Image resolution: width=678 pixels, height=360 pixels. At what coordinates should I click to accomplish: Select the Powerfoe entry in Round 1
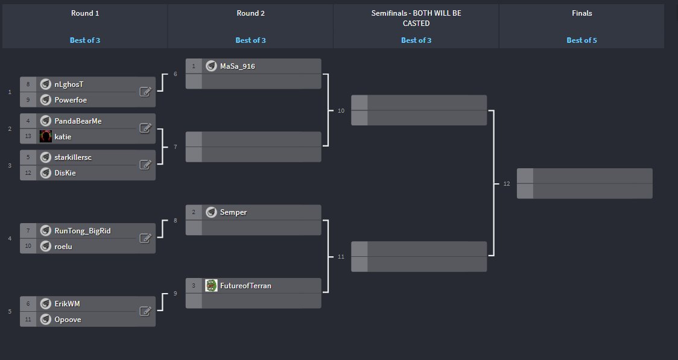tap(71, 100)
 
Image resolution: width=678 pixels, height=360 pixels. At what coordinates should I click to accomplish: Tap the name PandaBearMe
tap(78, 121)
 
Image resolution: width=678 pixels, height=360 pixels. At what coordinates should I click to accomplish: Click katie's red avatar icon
tap(45, 137)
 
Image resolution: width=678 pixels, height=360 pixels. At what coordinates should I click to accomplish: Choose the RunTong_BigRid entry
tap(82, 231)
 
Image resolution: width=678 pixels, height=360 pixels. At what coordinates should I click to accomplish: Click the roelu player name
tap(64, 246)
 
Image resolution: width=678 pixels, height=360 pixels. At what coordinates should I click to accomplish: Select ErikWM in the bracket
tap(67, 304)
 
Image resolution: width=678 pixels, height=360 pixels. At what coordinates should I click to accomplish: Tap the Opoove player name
tap(68, 320)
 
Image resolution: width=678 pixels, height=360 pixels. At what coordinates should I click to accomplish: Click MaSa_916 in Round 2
tap(238, 66)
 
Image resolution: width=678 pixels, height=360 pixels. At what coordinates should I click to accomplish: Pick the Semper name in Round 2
tap(233, 212)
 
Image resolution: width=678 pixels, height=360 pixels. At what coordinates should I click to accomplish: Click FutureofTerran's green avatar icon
tap(211, 285)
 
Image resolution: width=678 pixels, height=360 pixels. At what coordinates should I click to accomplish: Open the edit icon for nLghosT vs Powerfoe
tap(145, 92)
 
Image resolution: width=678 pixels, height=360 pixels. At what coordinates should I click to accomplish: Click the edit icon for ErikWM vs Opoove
tap(145, 311)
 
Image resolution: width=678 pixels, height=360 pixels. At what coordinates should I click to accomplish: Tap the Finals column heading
tap(581, 13)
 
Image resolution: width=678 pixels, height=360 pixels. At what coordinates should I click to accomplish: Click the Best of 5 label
tap(581, 40)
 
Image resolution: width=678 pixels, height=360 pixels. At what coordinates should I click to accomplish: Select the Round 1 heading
tap(84, 13)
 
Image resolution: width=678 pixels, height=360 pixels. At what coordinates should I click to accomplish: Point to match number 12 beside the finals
tap(507, 184)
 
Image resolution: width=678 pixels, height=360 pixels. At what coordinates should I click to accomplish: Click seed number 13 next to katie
tap(28, 137)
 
